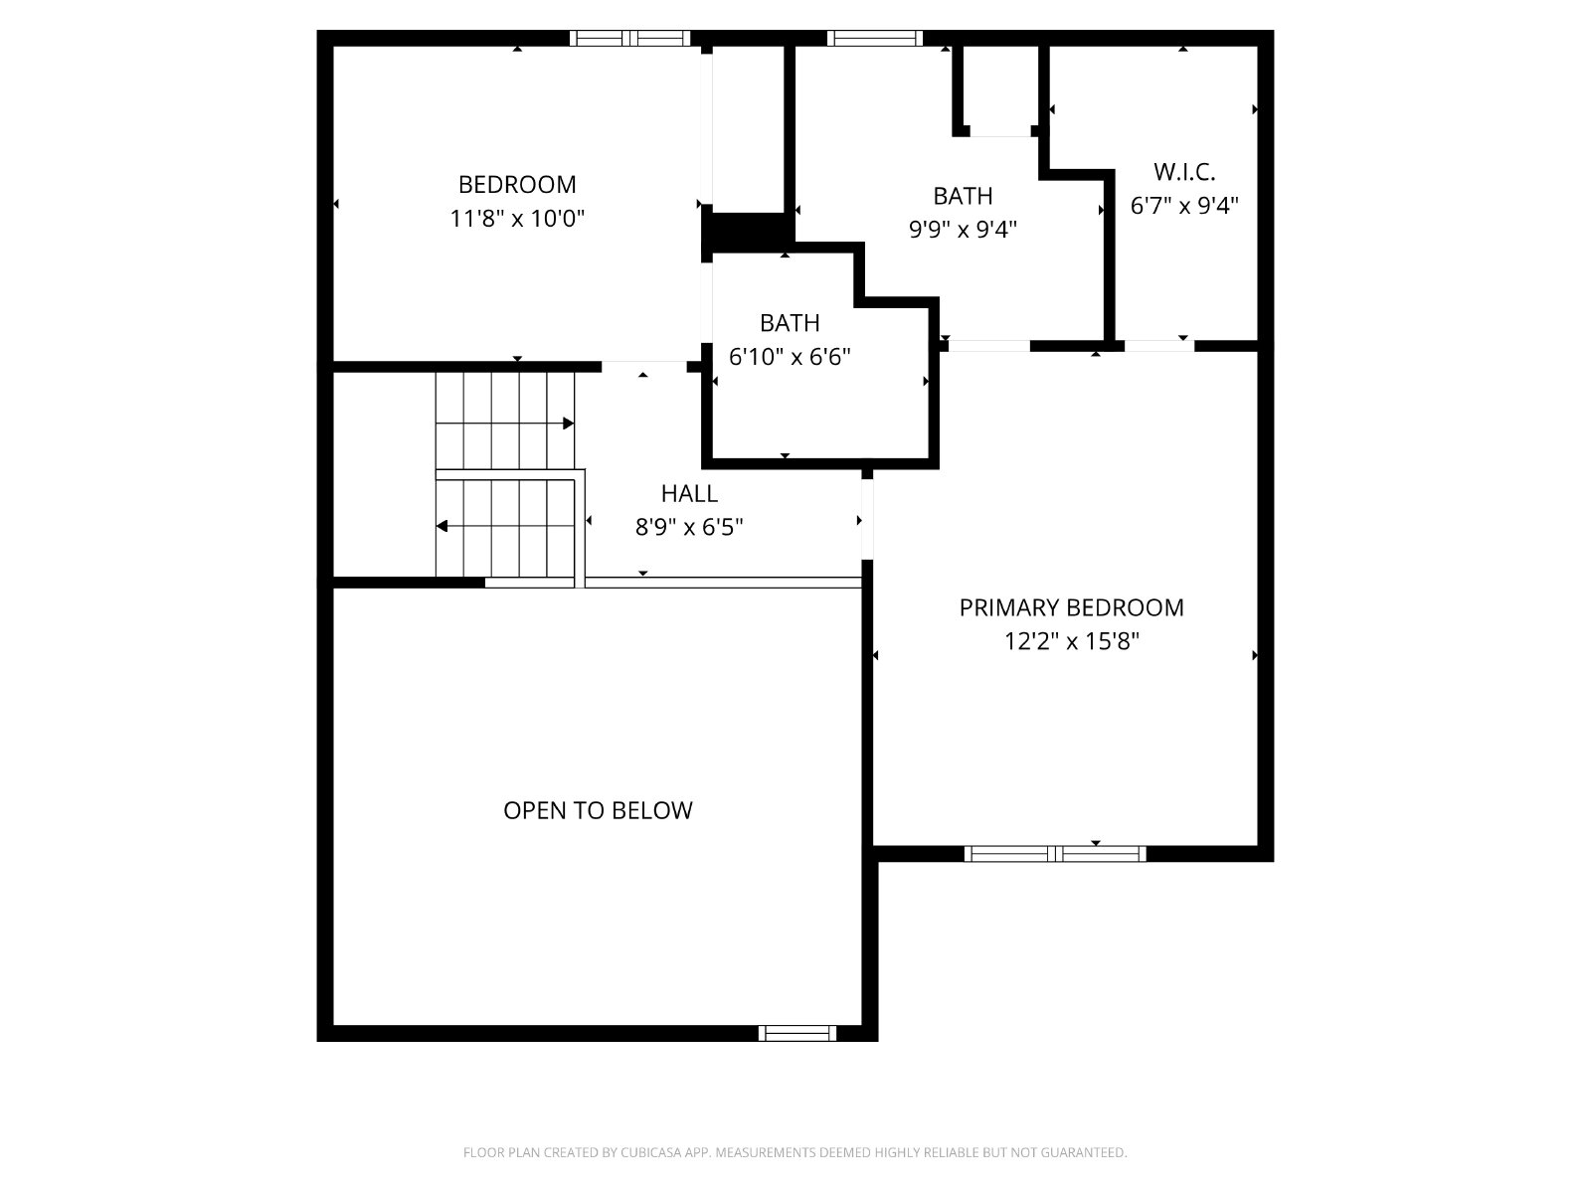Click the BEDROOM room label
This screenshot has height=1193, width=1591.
pyautogui.click(x=517, y=185)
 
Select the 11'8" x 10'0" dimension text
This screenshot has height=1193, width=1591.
pyautogui.click(x=517, y=218)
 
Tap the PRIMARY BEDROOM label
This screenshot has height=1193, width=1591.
pyautogui.click(x=1071, y=607)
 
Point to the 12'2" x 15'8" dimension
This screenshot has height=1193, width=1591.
pyautogui.click(x=1071, y=641)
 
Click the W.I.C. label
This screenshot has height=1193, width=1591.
pyautogui.click(x=1184, y=172)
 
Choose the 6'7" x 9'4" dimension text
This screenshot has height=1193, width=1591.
pyautogui.click(x=1184, y=206)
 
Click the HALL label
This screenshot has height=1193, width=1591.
pyautogui.click(x=689, y=494)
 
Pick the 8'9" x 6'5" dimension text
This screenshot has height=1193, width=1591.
pyautogui.click(x=689, y=527)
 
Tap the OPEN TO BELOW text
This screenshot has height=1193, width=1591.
pyautogui.click(x=598, y=810)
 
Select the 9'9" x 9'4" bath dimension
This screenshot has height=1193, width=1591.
pyautogui.click(x=963, y=230)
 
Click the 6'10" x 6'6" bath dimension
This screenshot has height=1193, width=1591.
pyautogui.click(x=790, y=356)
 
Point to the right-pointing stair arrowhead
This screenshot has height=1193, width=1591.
pyautogui.click(x=569, y=424)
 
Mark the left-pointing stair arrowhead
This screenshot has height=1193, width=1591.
pyautogui.click(x=442, y=526)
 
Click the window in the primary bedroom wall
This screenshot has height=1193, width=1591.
pyautogui.click(x=1055, y=854)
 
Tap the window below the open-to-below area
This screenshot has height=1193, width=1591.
pyautogui.click(x=797, y=1034)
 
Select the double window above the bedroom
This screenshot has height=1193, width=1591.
pyautogui.click(x=629, y=38)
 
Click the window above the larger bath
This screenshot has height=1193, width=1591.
pyautogui.click(x=875, y=38)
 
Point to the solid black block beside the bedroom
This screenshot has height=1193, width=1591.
pyautogui.click(x=748, y=233)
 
